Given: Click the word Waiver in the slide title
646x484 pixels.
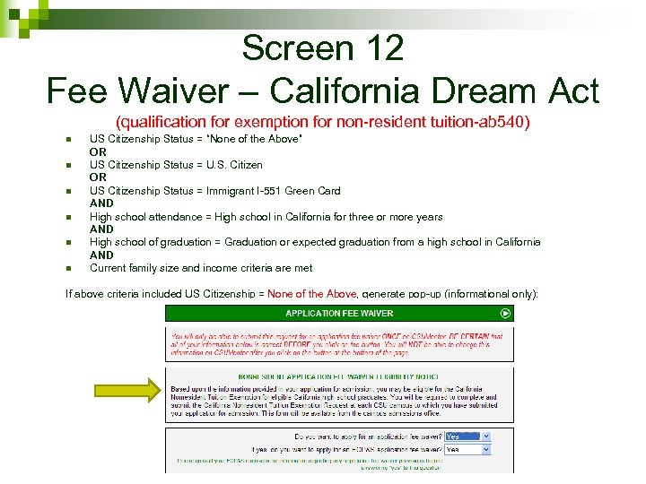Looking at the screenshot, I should pos(196,91).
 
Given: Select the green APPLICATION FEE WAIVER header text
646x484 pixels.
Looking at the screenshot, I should pos(340,314).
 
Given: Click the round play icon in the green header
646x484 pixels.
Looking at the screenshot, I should pos(506,314).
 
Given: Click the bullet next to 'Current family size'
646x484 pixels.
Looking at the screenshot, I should pos(68,268).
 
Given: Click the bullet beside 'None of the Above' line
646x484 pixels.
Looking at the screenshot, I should pos(68,139).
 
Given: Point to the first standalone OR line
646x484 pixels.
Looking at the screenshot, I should pos(98,152).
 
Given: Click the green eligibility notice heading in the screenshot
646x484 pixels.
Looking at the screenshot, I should pos(340,378).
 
